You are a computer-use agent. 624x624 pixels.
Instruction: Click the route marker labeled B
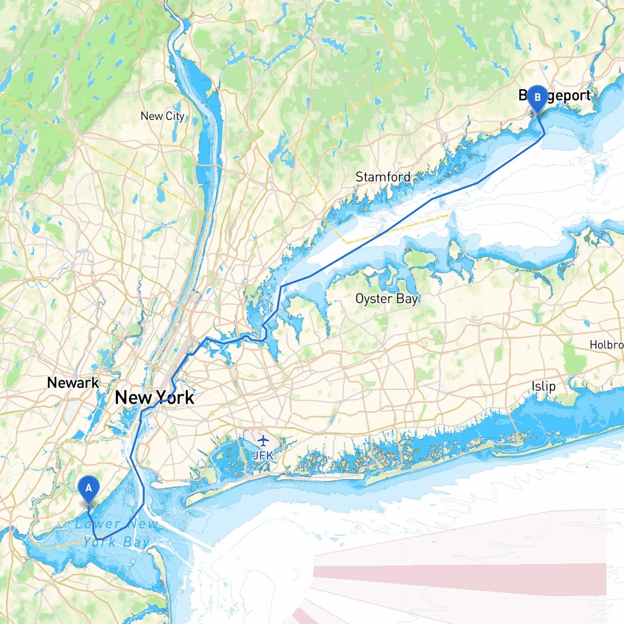tap(537, 98)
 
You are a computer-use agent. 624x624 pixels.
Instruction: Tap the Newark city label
tap(73, 383)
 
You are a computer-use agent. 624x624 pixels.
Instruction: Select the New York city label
tap(155, 398)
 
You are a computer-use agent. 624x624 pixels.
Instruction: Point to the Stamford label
tap(383, 177)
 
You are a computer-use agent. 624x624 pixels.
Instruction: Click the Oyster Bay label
tap(387, 299)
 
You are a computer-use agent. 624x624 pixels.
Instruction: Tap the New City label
tap(162, 116)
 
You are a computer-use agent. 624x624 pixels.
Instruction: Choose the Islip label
tap(544, 387)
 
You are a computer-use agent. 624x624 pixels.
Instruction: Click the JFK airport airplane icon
tap(263, 441)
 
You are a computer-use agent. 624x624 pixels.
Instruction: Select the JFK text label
tap(263, 456)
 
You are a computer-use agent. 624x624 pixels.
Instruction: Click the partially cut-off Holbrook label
tap(606, 345)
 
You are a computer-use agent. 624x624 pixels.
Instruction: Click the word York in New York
tap(175, 398)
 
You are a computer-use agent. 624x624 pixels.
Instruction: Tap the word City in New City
tap(175, 116)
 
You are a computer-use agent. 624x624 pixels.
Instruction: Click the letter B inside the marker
tap(537, 97)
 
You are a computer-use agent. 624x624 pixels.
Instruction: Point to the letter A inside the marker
tap(88, 488)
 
